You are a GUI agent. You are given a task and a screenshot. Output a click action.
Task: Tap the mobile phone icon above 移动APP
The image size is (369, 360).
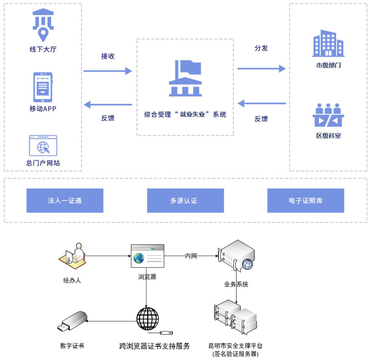click(x=43, y=87)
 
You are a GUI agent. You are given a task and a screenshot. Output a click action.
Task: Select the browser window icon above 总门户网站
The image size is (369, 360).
click(x=43, y=146)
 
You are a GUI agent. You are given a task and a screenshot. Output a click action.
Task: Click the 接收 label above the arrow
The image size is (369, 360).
click(x=108, y=56)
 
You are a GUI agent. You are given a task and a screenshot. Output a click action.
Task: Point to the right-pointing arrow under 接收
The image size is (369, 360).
click(x=107, y=71)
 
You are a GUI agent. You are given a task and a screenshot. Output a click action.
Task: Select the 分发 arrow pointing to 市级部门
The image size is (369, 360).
click(x=261, y=69)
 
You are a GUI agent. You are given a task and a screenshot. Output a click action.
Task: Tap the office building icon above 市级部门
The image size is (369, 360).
click(x=328, y=43)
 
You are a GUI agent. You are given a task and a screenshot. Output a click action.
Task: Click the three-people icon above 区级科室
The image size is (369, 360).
click(x=328, y=115)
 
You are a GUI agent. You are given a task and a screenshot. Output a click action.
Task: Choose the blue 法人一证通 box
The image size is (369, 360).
click(x=65, y=200)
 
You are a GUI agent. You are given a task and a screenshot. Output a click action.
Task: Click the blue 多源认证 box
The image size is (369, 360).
click(x=185, y=200)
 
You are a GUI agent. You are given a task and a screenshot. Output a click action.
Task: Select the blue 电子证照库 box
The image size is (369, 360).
click(x=306, y=200)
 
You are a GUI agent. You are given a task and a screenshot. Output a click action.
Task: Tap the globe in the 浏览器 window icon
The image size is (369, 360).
click(x=139, y=258)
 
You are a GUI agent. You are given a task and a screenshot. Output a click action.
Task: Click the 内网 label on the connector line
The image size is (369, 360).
click(x=191, y=256)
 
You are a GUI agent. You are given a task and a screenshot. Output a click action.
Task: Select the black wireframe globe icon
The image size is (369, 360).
click(x=148, y=319)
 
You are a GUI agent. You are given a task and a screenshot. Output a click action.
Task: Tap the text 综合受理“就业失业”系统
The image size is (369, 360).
click(x=185, y=115)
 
